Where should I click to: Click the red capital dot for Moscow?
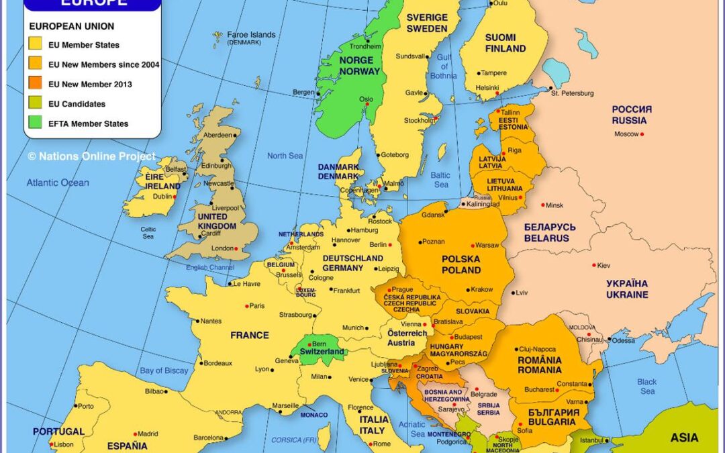pos(642,134)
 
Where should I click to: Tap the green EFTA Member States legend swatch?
pos(36,123)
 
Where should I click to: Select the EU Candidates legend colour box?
pos(36,104)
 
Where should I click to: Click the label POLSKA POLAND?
pos(461,264)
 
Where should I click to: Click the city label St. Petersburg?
pos(573,93)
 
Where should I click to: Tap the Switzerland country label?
pos(322,352)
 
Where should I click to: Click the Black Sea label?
pos(647,387)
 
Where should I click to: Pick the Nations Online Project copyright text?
pos(91,156)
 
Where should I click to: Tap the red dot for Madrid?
pos(136,434)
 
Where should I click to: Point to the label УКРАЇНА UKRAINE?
pos(627,289)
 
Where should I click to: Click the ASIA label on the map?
pos(684,438)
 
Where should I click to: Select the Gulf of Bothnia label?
pos(442,66)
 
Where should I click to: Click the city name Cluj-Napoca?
pos(537,349)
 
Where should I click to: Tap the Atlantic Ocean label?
pos(58,183)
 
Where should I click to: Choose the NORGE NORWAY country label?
pos(359,66)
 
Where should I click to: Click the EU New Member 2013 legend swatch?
pos(36,85)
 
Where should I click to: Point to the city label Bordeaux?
pos(217,363)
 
